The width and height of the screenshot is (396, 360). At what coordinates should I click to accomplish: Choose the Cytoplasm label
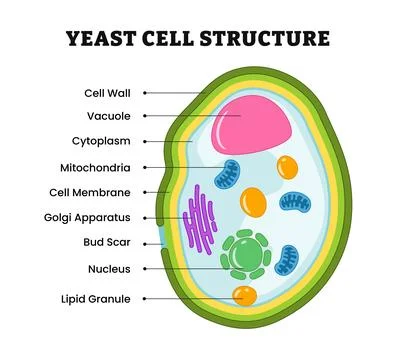[105, 142]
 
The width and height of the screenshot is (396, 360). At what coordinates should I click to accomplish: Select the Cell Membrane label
[95, 192]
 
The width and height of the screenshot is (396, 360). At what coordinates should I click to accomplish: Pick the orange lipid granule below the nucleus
[244, 295]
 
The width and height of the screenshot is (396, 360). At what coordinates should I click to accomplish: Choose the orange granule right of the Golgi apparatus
[255, 204]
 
